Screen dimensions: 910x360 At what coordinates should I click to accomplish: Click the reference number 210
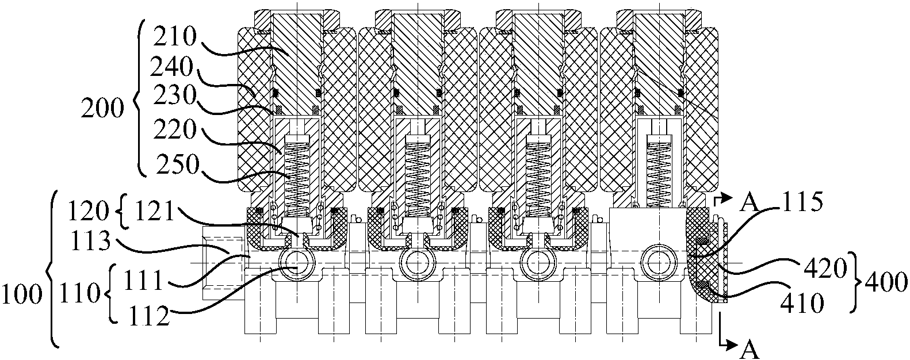[x=175, y=37]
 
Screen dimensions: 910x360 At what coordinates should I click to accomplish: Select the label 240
[x=171, y=67]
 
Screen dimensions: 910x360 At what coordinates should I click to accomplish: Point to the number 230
[x=175, y=96]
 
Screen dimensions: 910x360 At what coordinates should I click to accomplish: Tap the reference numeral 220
[x=175, y=130]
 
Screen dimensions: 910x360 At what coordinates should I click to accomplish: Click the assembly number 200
[x=102, y=109]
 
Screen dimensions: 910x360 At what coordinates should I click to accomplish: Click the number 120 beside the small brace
[x=89, y=211]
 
